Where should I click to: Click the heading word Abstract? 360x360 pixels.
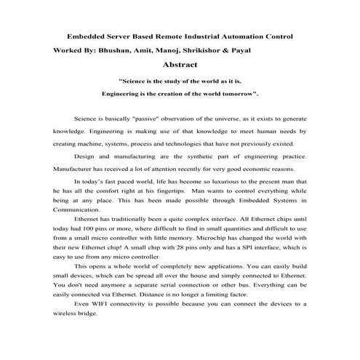pos(180,65)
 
